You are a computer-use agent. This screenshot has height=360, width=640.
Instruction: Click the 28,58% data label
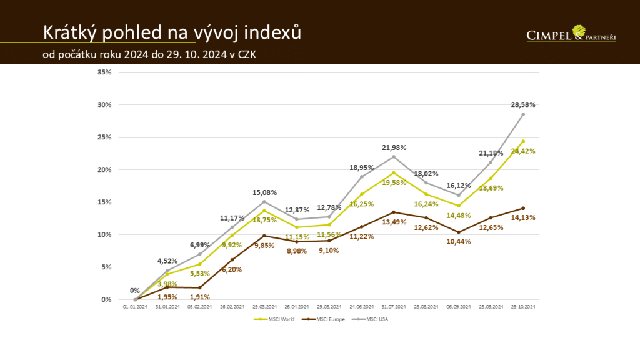coord(523,104)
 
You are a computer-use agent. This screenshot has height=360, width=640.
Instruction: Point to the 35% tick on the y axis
coord(105,72)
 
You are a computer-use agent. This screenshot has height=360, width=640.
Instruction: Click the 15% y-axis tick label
coord(105,202)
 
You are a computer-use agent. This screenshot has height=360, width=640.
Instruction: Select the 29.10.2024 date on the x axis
coord(523,307)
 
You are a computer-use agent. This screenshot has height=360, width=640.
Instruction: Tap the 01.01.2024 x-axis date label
coord(134,307)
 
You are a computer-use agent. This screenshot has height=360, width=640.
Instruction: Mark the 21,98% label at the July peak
coord(394,147)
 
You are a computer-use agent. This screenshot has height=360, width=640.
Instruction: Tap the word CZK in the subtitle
coord(246,55)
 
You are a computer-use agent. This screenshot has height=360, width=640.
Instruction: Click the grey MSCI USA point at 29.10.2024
coord(523,114)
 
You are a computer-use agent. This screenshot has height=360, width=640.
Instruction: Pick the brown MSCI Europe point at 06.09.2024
coord(459,232)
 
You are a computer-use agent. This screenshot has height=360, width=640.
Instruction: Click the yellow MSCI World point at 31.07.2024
coord(394,172)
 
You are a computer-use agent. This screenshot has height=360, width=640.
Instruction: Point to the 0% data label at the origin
coord(135,291)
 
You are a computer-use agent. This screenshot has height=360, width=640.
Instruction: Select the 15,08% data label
coord(264,192)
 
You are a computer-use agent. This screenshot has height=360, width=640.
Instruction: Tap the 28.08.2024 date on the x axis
coord(426,307)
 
